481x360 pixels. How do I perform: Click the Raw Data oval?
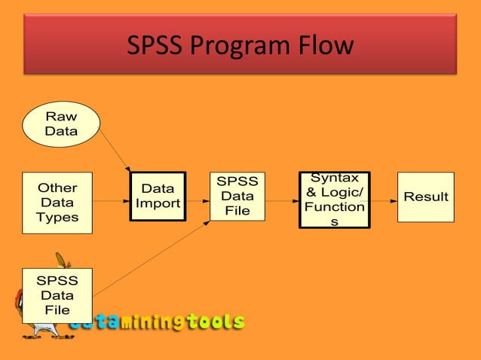pos(61,124)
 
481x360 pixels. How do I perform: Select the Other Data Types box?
pos(57,203)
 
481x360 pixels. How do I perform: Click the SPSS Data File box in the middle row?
pos(237,196)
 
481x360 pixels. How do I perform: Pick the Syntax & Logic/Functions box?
pos(335,199)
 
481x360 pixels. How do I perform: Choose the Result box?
pos(426,197)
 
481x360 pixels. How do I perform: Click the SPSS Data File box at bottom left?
pos(57,295)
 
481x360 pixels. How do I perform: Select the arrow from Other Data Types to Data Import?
pos(112,201)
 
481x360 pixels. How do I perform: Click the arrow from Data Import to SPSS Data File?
pos(198,201)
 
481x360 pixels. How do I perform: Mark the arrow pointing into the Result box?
pos(383,201)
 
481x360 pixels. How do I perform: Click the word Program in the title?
pos(238,46)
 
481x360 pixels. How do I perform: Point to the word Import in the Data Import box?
pos(158,203)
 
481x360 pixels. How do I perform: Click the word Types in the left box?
pos(57,218)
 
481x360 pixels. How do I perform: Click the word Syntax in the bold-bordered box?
pos(335,178)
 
